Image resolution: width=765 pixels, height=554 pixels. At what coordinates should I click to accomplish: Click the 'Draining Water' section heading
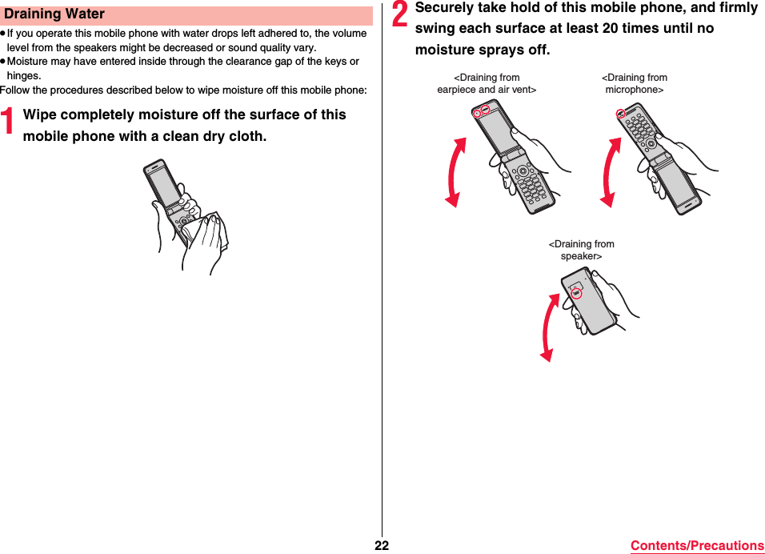pyautogui.click(x=54, y=14)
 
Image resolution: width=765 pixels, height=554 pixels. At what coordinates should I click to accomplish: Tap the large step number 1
pyautogui.click(x=10, y=122)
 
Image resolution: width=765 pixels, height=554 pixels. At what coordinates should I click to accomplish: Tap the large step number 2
pyautogui.click(x=400, y=20)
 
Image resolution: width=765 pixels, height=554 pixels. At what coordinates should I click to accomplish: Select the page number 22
pyautogui.click(x=382, y=545)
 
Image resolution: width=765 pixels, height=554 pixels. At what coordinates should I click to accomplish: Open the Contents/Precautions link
pyautogui.click(x=696, y=545)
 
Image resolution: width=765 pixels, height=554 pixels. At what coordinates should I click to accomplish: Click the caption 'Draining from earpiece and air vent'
pyautogui.click(x=487, y=84)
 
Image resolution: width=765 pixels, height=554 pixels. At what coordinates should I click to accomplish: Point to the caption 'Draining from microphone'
pyautogui.click(x=634, y=84)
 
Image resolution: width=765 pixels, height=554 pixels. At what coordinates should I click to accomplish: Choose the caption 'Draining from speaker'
pyautogui.click(x=581, y=250)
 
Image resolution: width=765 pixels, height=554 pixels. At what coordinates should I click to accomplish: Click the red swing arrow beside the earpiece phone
pyautogui.click(x=455, y=172)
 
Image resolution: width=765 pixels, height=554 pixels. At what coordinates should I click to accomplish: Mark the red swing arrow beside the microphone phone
pyautogui.click(x=610, y=172)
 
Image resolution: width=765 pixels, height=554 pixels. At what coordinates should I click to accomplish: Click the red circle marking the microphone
pyautogui.click(x=620, y=114)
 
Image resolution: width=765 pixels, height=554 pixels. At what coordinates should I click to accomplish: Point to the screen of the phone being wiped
pyautogui.click(x=162, y=183)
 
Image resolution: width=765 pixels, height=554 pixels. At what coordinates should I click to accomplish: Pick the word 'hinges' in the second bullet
pyautogui.click(x=23, y=76)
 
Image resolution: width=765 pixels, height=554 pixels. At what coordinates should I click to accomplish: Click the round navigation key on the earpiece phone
pyautogui.click(x=523, y=171)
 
